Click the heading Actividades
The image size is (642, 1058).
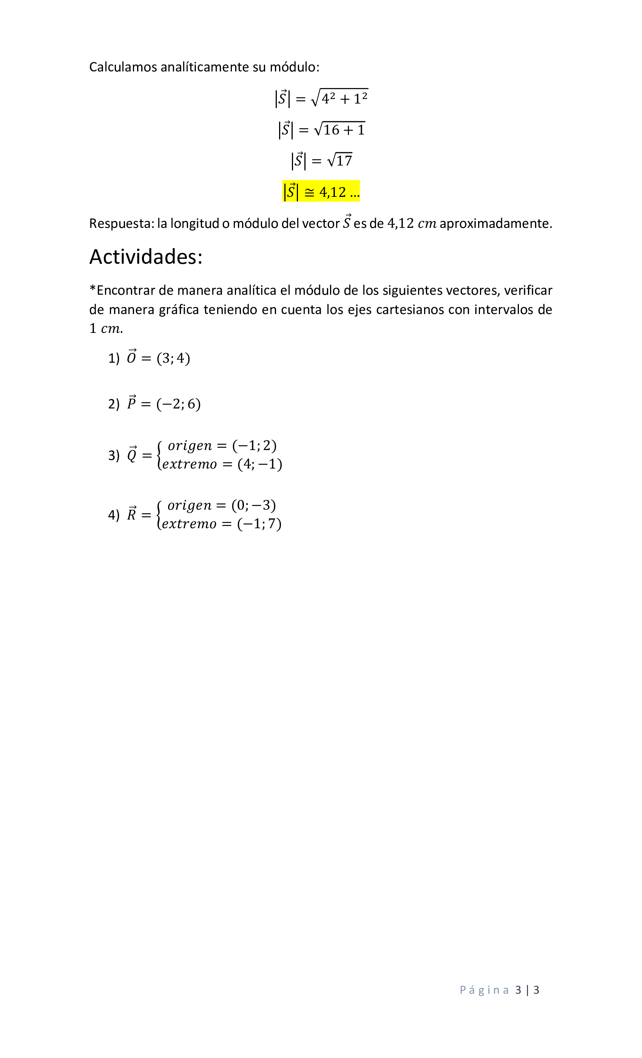click(145, 257)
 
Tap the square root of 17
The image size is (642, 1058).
click(340, 161)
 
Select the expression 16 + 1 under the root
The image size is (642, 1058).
click(344, 130)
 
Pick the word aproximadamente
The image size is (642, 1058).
click(495, 224)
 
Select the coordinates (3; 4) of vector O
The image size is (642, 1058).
click(173, 358)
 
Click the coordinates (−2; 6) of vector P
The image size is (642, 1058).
click(179, 404)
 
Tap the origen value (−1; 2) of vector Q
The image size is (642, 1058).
click(255, 446)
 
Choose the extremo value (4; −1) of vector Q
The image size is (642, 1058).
click(260, 464)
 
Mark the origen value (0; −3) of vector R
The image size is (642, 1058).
click(254, 506)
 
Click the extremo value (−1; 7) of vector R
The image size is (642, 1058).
click(259, 524)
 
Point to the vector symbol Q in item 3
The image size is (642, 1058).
click(132, 454)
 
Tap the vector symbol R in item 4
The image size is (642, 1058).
click(132, 514)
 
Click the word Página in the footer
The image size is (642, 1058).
click(484, 990)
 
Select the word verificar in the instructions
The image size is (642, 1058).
click(528, 291)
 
